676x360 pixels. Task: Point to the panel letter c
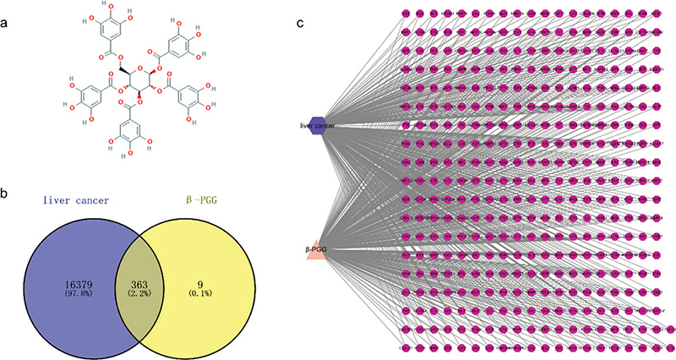click(x=301, y=24)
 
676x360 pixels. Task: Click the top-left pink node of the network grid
click(x=406, y=14)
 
